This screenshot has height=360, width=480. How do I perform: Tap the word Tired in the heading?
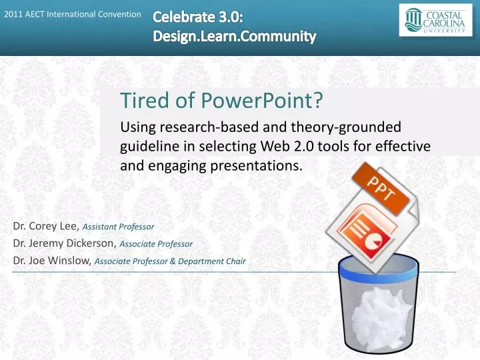pyautogui.click(x=142, y=101)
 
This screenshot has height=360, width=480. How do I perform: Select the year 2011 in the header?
pyautogui.click(x=13, y=15)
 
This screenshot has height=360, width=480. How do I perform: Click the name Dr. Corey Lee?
pyautogui.click(x=41, y=226)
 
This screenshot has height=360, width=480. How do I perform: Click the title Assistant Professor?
pyautogui.click(x=119, y=227)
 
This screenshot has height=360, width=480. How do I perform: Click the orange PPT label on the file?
pyautogui.click(x=381, y=188)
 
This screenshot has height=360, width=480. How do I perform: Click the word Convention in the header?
pyautogui.click(x=118, y=15)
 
